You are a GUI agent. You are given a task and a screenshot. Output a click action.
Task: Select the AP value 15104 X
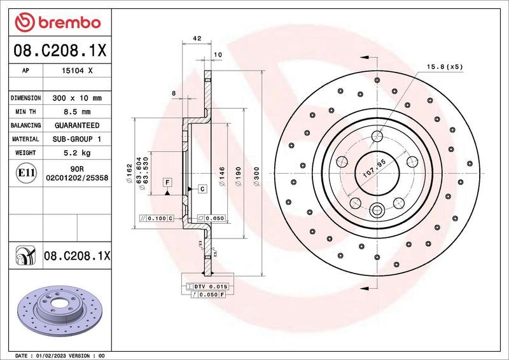tap(76, 71)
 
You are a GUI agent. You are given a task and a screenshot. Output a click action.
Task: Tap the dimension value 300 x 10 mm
tap(76, 99)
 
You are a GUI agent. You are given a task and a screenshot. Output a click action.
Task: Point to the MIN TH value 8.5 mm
tap(76, 112)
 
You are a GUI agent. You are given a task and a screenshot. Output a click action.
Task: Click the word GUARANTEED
tap(76, 125)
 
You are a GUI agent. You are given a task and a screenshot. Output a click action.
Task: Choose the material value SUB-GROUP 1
tap(76, 139)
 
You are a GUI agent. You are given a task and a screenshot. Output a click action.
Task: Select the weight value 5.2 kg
tap(76, 153)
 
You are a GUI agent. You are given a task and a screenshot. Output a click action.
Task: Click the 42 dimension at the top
tap(197, 39)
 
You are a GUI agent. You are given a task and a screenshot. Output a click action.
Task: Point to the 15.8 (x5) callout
tap(443, 67)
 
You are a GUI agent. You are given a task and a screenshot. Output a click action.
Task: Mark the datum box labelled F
tap(167, 183)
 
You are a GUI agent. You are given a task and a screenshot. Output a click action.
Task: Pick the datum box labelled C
tap(202, 189)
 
